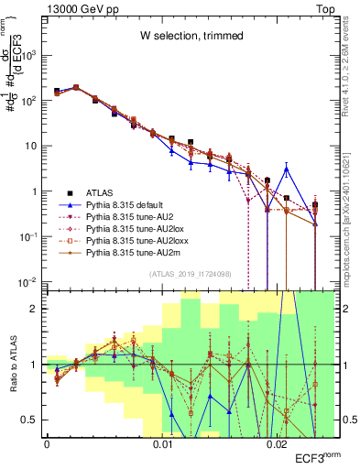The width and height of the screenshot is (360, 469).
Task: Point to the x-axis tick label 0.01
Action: (162, 444)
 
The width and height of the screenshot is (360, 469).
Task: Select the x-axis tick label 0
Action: (47, 444)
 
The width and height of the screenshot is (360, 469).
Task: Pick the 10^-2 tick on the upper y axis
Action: (31, 281)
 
